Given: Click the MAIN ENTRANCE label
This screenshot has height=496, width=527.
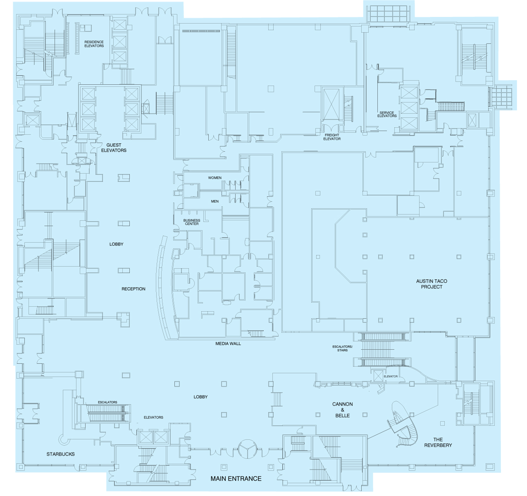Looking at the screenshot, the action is click(x=236, y=479).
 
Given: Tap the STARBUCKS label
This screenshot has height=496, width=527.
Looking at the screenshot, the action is click(x=60, y=454).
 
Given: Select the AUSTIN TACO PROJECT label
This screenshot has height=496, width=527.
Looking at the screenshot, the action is click(x=432, y=284).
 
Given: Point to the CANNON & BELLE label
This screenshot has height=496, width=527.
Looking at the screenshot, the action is click(x=342, y=410).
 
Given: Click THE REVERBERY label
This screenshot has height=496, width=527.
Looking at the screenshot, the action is click(x=438, y=442).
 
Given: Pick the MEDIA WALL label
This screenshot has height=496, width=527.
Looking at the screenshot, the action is click(x=228, y=343).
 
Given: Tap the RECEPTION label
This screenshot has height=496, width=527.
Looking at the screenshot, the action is click(x=133, y=289).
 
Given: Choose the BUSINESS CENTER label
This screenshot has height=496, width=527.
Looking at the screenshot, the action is click(x=192, y=222).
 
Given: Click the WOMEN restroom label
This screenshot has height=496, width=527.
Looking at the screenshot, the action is click(x=215, y=178).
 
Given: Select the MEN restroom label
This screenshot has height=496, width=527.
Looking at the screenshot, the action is click(x=215, y=201).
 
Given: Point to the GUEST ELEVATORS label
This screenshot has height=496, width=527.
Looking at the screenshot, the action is click(x=114, y=148).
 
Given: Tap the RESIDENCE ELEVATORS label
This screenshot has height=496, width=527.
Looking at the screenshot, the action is click(x=94, y=44).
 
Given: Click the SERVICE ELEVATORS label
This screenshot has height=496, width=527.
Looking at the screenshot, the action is click(x=387, y=114).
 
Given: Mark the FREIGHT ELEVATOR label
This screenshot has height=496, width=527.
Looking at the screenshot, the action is click(x=331, y=137).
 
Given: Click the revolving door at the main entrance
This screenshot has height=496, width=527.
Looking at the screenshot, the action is click(x=247, y=449).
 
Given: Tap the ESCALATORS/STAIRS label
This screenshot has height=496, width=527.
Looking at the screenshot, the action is click(x=342, y=348).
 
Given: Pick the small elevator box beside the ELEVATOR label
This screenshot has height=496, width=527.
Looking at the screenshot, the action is click(x=378, y=376).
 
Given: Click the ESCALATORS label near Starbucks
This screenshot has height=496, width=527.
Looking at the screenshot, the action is click(x=107, y=402).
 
